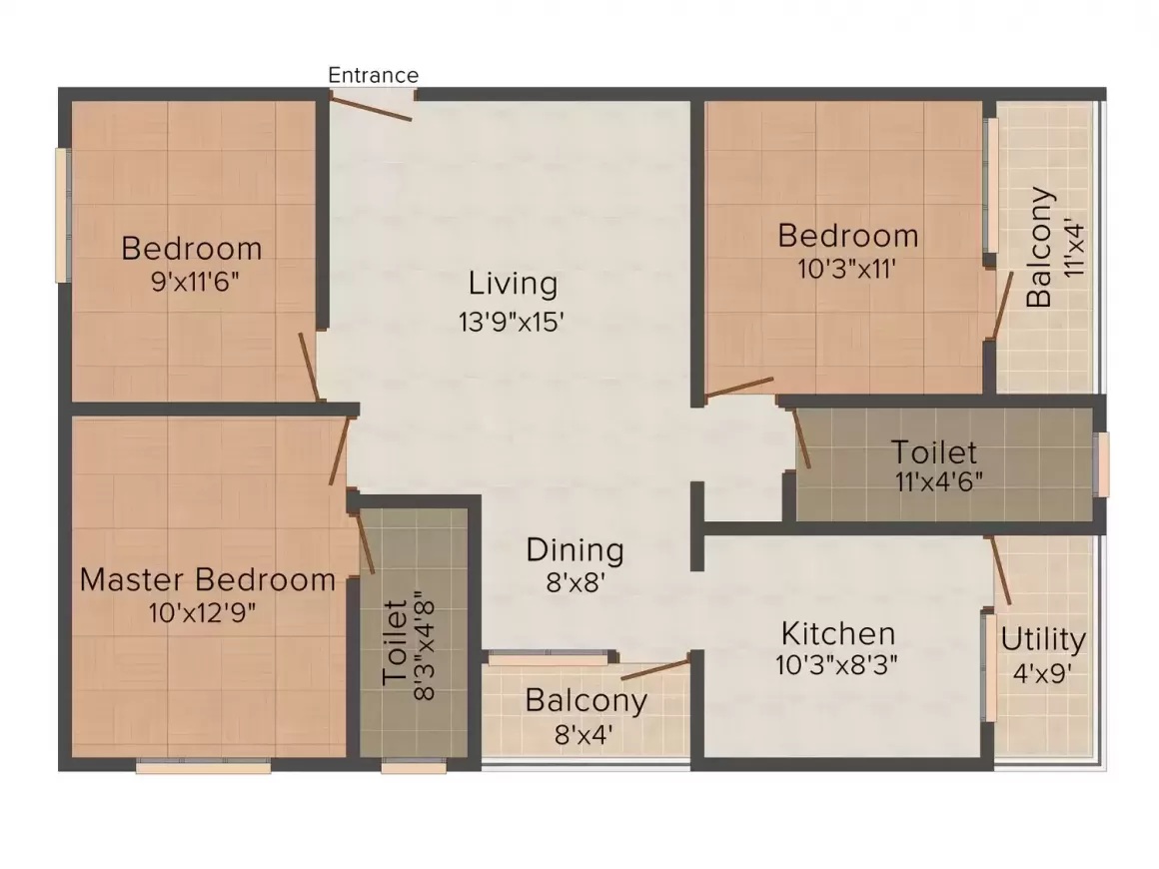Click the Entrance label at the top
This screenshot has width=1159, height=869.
click(x=374, y=75)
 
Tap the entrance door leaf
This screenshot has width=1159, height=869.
click(x=371, y=108)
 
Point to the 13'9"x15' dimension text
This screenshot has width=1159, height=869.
click(x=512, y=322)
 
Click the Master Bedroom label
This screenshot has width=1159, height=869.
click(x=208, y=579)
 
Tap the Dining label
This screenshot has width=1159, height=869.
click(x=576, y=550)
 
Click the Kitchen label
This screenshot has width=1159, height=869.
click(x=838, y=634)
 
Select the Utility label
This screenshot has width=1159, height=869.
click(x=1043, y=640)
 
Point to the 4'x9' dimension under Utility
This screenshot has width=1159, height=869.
click(x=1042, y=673)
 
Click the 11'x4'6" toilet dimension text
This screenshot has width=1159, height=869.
click(x=939, y=481)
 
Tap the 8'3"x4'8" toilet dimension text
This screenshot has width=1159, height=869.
click(x=424, y=645)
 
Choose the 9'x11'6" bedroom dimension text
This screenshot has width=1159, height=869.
click(x=195, y=281)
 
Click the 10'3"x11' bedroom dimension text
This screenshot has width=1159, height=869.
click(x=847, y=269)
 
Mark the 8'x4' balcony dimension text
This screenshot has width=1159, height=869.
click(x=583, y=735)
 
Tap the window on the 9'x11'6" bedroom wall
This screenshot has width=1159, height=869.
click(x=64, y=215)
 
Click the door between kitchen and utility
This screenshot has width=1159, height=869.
click(x=1000, y=570)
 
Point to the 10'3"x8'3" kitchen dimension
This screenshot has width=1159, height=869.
click(x=836, y=665)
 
